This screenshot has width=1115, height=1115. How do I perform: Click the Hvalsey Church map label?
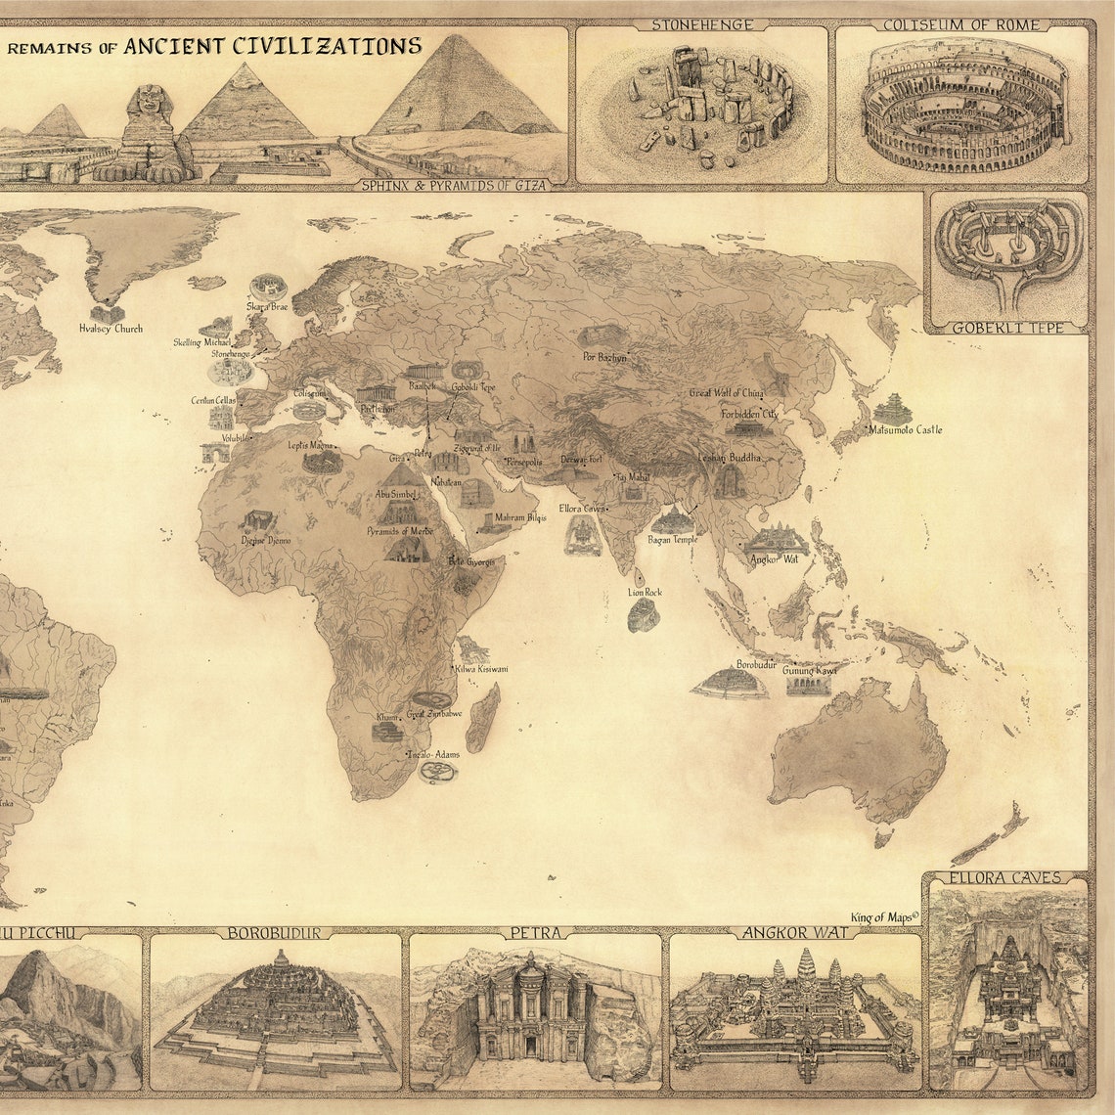[x=111, y=329]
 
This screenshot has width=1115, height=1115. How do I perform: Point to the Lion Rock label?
[x=645, y=592]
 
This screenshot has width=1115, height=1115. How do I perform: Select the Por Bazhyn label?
[x=603, y=357]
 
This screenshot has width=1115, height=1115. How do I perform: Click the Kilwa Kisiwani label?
[x=481, y=669]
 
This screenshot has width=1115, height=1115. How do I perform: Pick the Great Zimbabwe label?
[x=434, y=714]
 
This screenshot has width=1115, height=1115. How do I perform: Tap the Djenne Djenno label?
[x=266, y=540]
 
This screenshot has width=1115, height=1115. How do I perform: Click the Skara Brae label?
[x=267, y=306]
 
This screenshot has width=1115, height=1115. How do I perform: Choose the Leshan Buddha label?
[x=730, y=458]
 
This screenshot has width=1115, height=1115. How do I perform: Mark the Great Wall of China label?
[x=727, y=393]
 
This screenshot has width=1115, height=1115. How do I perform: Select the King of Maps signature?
[x=884, y=916]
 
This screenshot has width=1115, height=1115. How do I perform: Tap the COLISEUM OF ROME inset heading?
[x=960, y=24]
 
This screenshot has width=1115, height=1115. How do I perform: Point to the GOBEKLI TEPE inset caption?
[x=1007, y=328]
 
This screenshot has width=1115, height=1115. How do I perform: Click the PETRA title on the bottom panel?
[x=534, y=932]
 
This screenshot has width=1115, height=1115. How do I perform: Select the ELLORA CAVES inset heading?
[x=1008, y=877]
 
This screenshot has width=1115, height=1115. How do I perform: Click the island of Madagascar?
[x=483, y=718]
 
